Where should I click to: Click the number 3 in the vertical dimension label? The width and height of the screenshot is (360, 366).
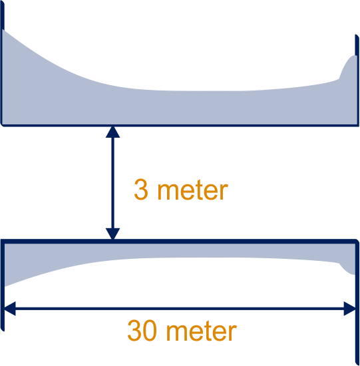coord(141,189)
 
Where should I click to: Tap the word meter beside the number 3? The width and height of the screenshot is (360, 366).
coord(193,190)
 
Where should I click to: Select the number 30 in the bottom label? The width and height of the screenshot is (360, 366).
coord(142,330)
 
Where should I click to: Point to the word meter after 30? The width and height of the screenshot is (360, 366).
coord(202,331)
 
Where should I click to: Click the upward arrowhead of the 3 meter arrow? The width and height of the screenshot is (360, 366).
coord(112,132)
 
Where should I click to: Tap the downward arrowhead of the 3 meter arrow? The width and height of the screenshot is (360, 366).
coord(112,234)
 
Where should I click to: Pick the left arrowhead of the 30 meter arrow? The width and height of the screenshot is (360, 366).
coord(10,309)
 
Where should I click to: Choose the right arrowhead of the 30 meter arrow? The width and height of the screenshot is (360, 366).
coord(349,309)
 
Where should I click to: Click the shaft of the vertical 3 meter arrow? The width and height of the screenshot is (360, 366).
coord(112,183)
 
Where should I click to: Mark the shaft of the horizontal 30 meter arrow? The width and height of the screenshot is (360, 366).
coord(180,309)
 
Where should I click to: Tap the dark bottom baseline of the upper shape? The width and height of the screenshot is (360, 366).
coord(180,126)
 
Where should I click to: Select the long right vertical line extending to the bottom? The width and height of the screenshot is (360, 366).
coord(357,303)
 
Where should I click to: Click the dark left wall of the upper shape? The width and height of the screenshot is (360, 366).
coord(2,63)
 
